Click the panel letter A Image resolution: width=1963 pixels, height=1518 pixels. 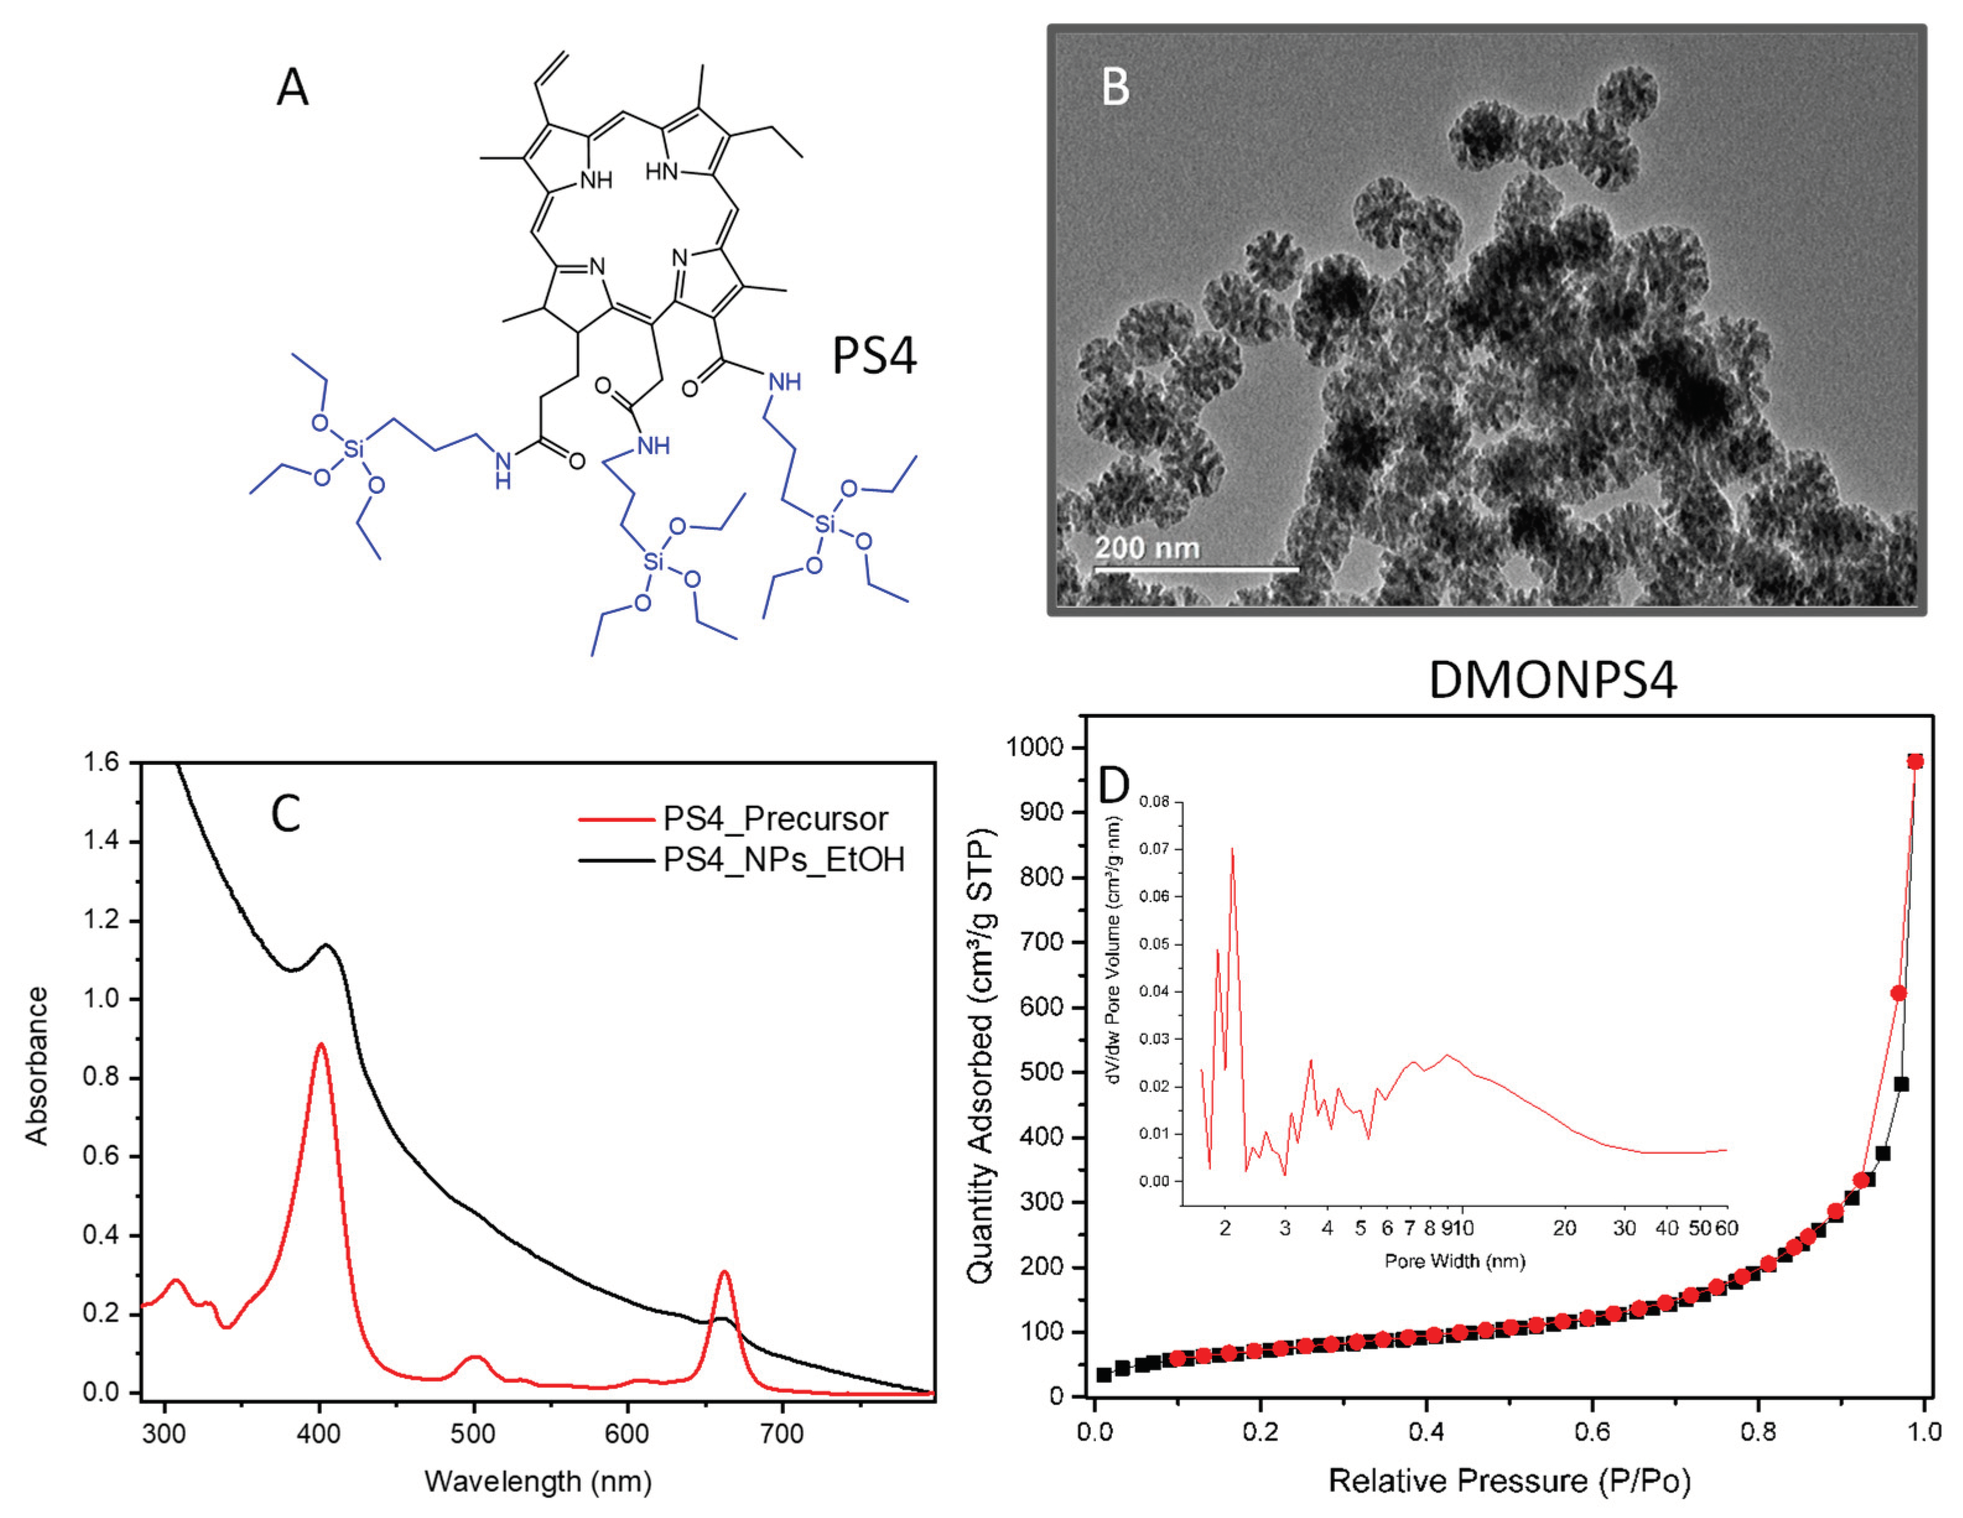(x=292, y=88)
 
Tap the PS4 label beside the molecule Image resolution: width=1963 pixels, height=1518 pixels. (x=873, y=356)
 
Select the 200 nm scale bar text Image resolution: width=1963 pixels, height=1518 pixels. (x=1147, y=547)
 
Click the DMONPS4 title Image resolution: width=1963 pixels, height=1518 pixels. (x=1552, y=680)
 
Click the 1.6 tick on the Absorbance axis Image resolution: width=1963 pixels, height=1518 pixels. (x=102, y=763)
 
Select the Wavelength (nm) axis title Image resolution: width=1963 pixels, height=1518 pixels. (x=537, y=1480)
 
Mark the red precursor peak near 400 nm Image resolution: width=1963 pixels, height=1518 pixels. (x=320, y=1045)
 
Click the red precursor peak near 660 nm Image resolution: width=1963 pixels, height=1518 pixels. (x=724, y=1273)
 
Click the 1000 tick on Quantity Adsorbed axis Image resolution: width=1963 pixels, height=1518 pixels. (x=1034, y=748)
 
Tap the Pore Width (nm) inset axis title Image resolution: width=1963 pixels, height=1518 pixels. (x=1454, y=1261)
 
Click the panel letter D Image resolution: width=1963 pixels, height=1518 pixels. (x=1114, y=785)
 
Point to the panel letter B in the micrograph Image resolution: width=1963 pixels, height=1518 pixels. (x=1116, y=88)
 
